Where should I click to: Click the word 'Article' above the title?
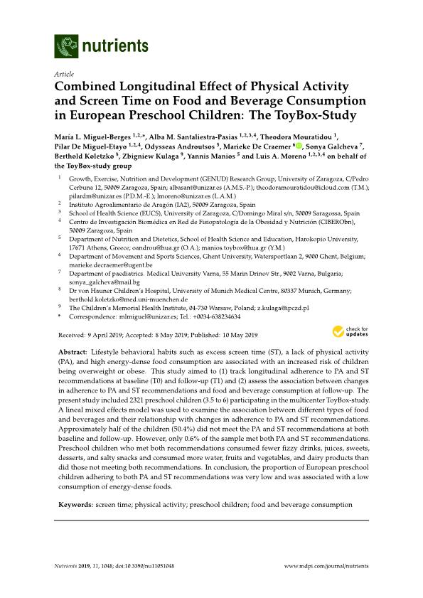[63, 74]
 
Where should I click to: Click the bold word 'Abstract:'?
[70, 353]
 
